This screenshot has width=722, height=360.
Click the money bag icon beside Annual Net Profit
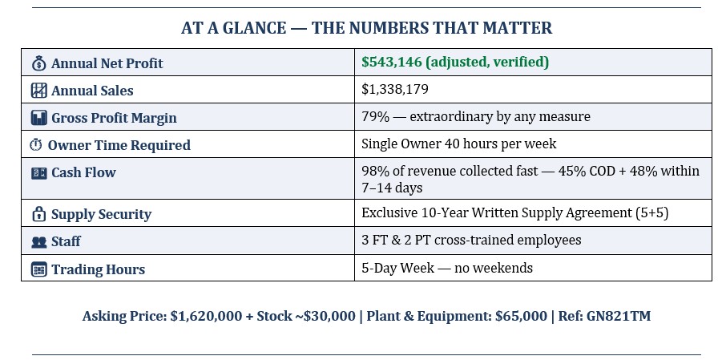[x=38, y=63]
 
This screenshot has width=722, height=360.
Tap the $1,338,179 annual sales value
[x=395, y=89]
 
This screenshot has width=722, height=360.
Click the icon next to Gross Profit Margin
[x=38, y=118]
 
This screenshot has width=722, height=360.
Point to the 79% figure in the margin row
[x=373, y=116]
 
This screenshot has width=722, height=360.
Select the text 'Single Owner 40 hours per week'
[x=458, y=144]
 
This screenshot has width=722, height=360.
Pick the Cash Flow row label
[x=83, y=172]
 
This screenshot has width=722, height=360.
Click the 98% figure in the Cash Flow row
[x=373, y=171]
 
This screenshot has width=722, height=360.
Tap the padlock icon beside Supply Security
[x=38, y=214]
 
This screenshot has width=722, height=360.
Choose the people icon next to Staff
[x=38, y=241]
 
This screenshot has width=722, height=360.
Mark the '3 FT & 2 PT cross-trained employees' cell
[x=471, y=240]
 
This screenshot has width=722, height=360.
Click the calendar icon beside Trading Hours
[x=38, y=269]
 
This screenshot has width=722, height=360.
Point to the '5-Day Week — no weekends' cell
[x=446, y=268]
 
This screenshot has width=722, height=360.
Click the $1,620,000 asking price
[x=206, y=316]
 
